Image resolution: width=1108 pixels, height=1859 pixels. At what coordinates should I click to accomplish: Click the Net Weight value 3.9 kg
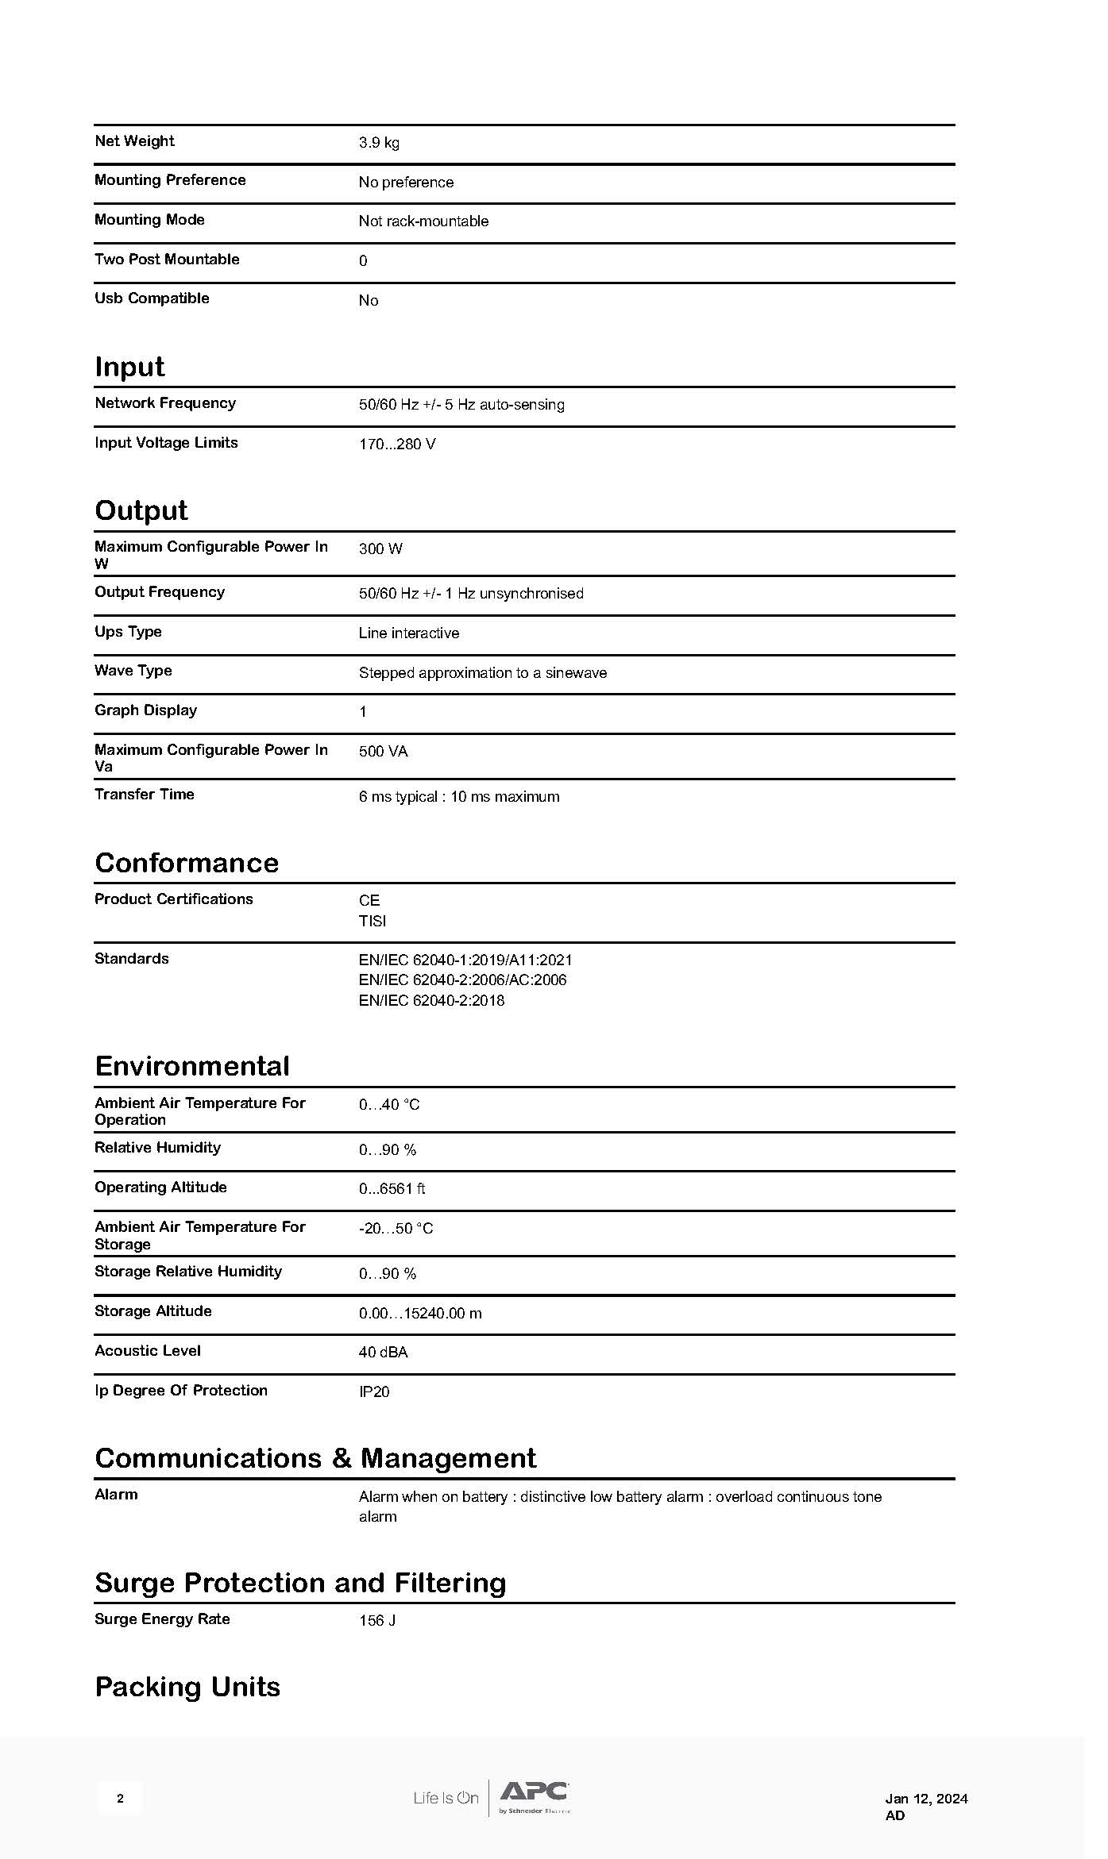coord(379,143)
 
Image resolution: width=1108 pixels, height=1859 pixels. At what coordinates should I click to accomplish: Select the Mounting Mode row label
coord(149,220)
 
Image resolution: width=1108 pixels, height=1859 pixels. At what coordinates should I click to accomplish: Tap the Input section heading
coord(129,367)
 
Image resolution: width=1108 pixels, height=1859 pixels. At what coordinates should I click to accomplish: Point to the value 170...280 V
coord(397,444)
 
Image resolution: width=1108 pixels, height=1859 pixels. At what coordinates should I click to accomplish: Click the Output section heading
coord(141,510)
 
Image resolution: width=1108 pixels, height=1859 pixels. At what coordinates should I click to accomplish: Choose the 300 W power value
coord(380,548)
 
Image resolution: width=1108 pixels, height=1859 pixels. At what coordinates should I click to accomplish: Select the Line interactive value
coord(408,633)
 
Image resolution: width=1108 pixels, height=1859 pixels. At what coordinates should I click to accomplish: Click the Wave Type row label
coord(133,671)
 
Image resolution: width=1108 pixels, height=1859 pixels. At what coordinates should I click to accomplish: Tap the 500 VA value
coord(383,751)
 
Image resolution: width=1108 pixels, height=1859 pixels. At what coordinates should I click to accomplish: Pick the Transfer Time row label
coord(144,795)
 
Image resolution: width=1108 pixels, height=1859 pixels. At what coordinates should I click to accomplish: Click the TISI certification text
coord(372,921)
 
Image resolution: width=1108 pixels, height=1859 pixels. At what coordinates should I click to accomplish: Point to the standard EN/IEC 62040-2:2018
coord(431,1000)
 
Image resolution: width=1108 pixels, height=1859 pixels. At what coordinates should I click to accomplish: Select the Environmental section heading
coord(191,1066)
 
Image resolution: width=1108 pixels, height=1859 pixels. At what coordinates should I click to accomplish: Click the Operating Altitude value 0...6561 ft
coord(392,1188)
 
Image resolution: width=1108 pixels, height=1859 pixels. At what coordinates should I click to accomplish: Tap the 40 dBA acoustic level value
coord(383,1352)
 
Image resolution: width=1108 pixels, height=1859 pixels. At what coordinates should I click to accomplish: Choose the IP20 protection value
coord(374,1391)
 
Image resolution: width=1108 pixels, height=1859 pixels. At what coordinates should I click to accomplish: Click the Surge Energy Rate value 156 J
coord(377,1620)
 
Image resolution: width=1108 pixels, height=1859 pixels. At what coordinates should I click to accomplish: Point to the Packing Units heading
coord(187,1687)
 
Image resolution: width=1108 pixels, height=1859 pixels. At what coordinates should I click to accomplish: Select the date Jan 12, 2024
coord(926,1799)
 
